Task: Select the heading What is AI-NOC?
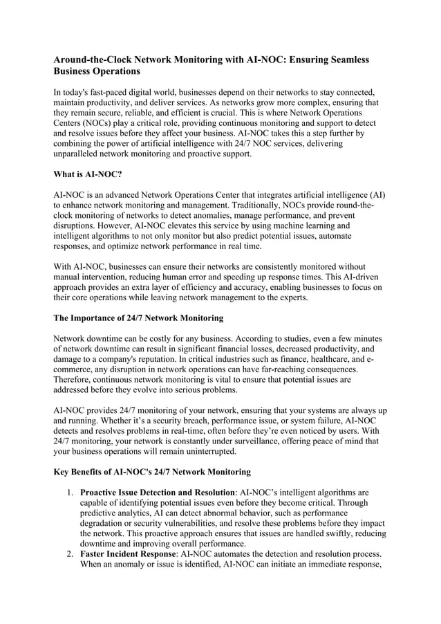tap(88, 176)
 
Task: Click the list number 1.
tap(71, 492)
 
